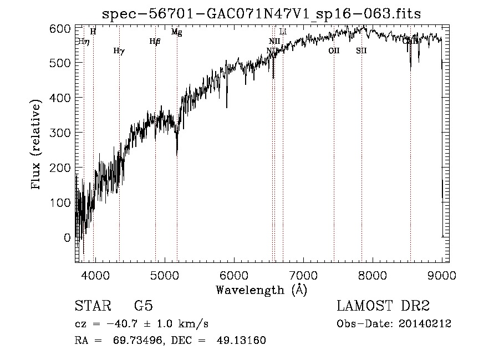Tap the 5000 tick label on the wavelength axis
click(164, 276)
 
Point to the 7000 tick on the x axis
click(303, 276)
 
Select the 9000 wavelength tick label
click(441, 276)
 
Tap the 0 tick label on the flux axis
click(68, 237)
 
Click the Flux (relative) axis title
click(37, 145)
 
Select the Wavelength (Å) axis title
click(261, 290)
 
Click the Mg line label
click(176, 32)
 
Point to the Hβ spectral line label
click(155, 41)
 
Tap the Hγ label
click(119, 51)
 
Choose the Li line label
click(283, 32)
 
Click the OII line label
click(333, 51)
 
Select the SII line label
click(361, 51)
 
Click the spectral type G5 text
click(143, 307)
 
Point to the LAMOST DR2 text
click(383, 307)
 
